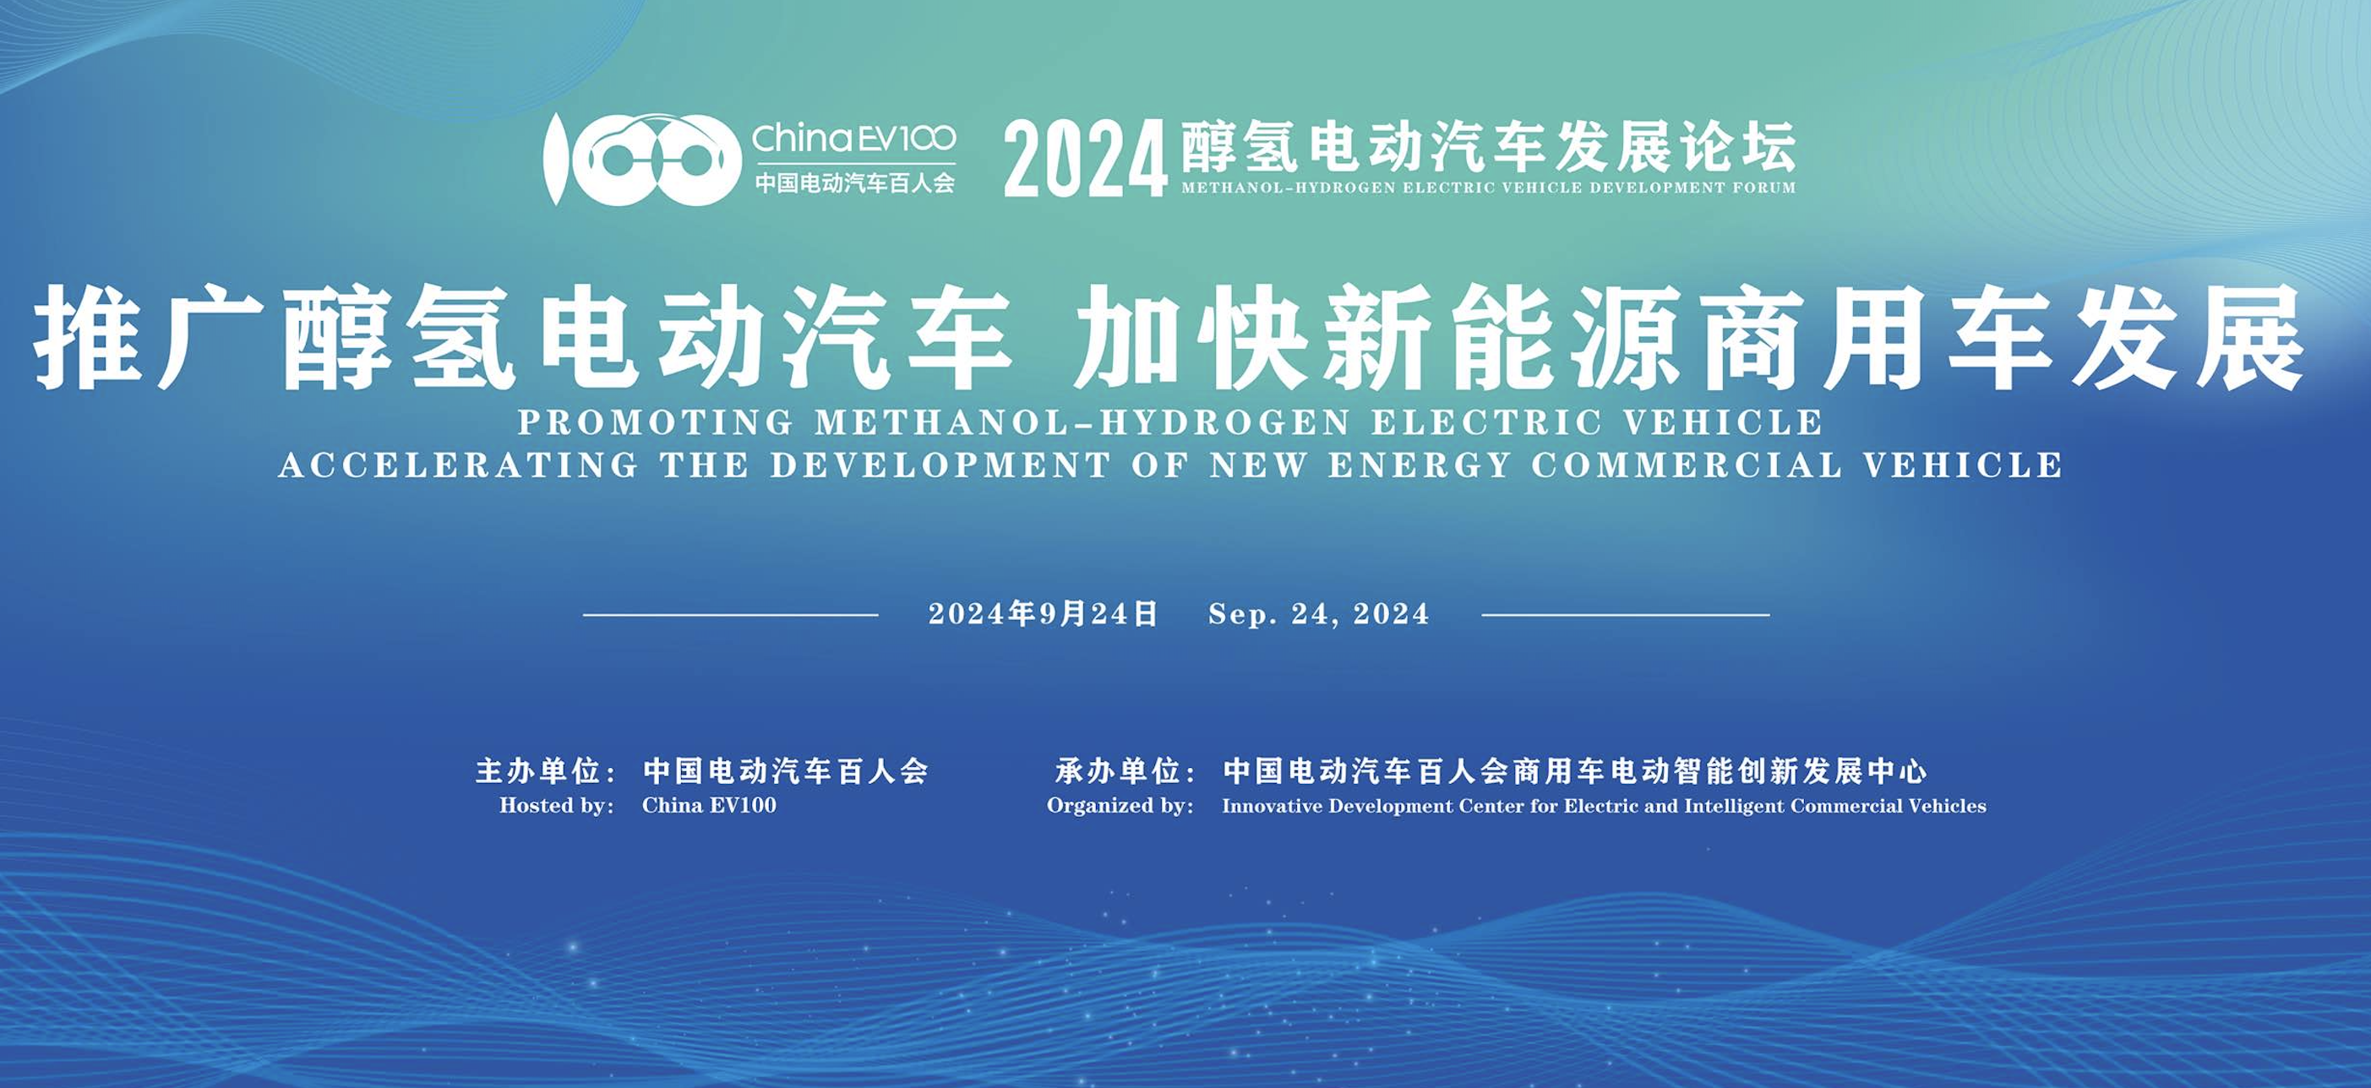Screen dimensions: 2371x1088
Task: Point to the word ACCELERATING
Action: [458, 465]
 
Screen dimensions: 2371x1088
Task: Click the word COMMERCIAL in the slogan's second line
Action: [1687, 465]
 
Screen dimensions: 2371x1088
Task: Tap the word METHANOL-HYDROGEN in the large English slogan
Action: [1083, 422]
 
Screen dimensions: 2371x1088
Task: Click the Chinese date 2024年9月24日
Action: [1043, 614]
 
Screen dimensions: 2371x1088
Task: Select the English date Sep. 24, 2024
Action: [1319, 614]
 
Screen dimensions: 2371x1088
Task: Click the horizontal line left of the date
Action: [731, 615]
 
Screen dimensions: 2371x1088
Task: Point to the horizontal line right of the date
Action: [1626, 615]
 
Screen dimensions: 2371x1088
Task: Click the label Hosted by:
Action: [557, 805]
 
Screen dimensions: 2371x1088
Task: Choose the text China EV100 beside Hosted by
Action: [709, 805]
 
